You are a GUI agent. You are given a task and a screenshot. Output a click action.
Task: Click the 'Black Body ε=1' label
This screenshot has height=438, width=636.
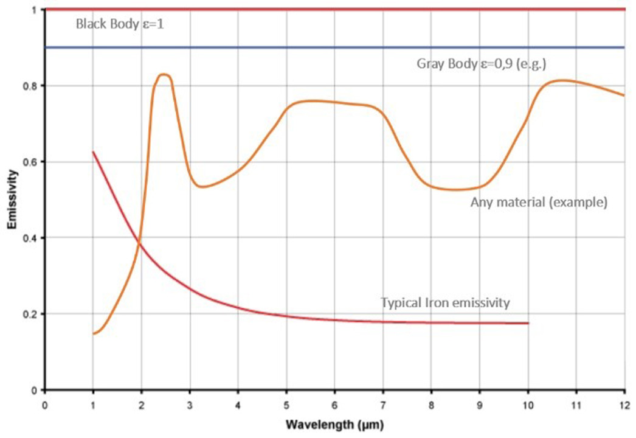click(124, 25)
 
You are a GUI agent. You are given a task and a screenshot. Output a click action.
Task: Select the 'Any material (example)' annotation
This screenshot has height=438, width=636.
click(539, 203)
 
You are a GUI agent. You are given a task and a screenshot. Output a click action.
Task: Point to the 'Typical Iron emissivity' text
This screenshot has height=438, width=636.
click(444, 302)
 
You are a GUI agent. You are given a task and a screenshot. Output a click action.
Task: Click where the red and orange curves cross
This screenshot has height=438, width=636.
click(140, 243)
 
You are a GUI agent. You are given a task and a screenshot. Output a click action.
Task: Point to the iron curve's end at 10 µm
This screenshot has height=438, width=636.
click(528, 323)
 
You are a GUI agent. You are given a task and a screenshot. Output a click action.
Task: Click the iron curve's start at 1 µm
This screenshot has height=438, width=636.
click(93, 151)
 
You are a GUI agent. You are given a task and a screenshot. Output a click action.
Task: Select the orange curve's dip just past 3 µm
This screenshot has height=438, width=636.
click(202, 187)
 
